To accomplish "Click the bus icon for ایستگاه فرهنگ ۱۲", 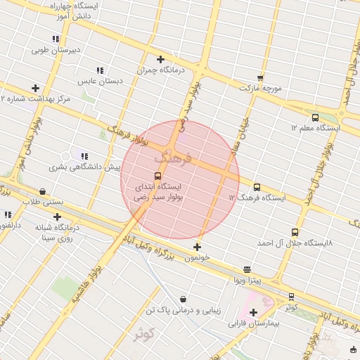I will (257, 188).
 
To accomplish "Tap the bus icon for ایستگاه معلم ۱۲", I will (314, 118).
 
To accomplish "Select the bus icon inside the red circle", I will (157, 176).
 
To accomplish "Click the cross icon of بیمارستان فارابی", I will (253, 312).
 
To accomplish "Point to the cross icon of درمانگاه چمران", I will (161, 60).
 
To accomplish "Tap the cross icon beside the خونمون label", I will (198, 247).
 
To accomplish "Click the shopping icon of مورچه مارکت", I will (260, 78).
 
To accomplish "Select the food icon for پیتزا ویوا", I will (247, 269).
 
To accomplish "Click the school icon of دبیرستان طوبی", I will (55, 39).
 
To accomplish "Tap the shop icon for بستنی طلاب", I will (42, 191).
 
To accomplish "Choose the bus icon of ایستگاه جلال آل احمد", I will (295, 232).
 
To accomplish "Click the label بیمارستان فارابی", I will (254, 325).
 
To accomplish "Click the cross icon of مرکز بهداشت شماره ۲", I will (35, 88).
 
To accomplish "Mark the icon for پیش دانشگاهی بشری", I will (84, 156).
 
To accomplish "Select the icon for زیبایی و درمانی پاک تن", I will (184, 299).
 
